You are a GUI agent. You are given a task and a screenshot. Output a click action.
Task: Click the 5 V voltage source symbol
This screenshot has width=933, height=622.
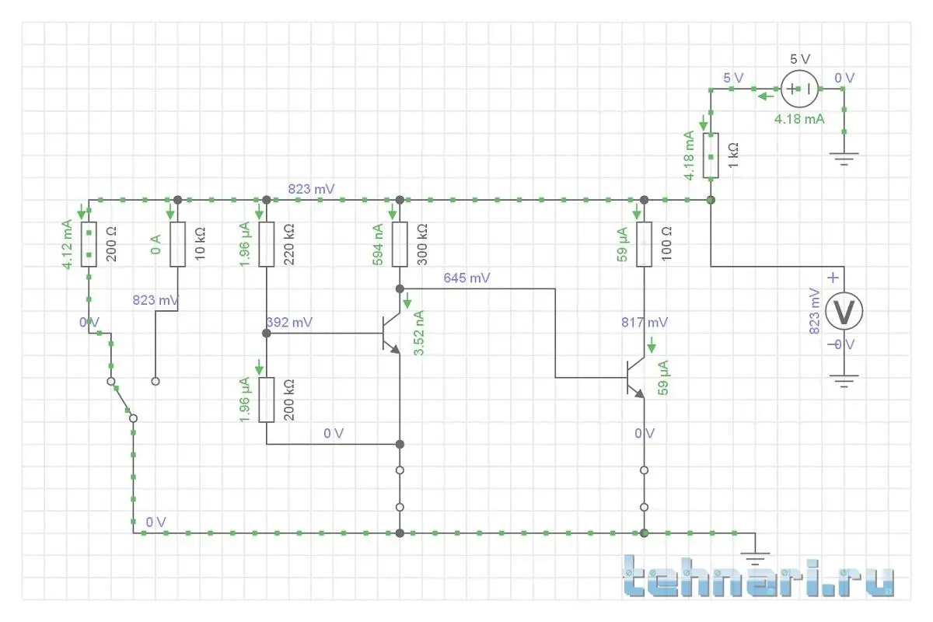click(x=799, y=89)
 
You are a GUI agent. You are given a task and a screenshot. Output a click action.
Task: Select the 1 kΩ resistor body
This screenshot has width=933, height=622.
click(x=711, y=155)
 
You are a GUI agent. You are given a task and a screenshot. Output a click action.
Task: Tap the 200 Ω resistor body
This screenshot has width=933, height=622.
click(x=89, y=244)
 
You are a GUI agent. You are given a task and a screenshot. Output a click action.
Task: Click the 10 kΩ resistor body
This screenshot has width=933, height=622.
click(x=177, y=244)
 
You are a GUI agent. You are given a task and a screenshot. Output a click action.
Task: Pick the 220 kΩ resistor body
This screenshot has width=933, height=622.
click(x=267, y=244)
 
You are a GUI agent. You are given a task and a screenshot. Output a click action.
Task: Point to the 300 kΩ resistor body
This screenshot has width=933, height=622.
click(x=400, y=244)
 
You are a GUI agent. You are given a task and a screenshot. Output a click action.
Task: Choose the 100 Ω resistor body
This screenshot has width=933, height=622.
click(x=644, y=244)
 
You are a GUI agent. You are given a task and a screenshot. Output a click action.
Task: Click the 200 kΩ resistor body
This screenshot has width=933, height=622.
click(x=267, y=400)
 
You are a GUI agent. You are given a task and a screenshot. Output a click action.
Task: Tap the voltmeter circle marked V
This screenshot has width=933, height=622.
click(x=843, y=312)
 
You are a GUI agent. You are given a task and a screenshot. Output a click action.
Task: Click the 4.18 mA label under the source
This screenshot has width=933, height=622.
click(x=798, y=120)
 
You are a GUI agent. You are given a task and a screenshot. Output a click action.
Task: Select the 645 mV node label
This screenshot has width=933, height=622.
click(x=466, y=278)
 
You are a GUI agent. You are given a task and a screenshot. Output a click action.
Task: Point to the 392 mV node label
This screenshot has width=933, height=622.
click(x=289, y=322)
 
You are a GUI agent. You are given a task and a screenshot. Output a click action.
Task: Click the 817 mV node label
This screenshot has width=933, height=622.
click(x=644, y=322)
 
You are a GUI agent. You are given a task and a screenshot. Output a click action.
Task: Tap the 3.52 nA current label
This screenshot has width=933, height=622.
click(x=420, y=333)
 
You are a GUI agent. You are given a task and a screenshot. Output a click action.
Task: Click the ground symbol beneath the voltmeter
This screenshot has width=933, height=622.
click(x=843, y=381)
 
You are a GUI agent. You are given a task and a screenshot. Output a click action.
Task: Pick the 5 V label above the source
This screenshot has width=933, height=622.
click(x=799, y=60)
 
